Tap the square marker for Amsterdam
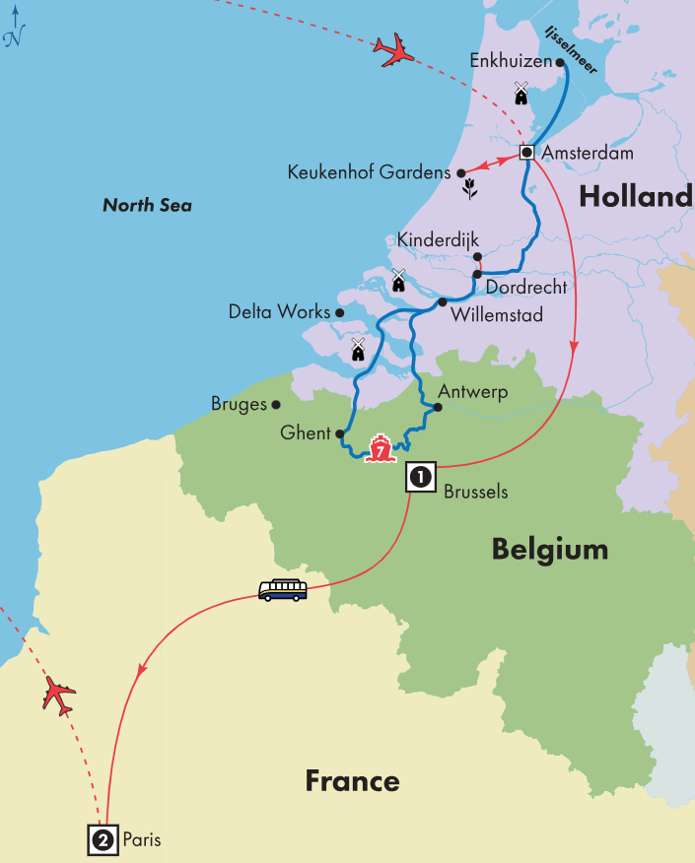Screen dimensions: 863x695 pyautogui.click(x=526, y=153)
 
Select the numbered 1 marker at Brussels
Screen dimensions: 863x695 pyautogui.click(x=420, y=478)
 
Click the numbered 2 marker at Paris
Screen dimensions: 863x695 pyautogui.click(x=103, y=839)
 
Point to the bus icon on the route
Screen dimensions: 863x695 pyautogui.click(x=282, y=590)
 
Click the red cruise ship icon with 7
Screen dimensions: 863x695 pyautogui.click(x=379, y=449)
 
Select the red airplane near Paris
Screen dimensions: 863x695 pyautogui.click(x=59, y=696)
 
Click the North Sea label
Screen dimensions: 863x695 pyautogui.click(x=147, y=206)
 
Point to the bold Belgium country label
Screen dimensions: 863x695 pyautogui.click(x=549, y=550)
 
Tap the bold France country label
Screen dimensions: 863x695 pyautogui.click(x=352, y=782)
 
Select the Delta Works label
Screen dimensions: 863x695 pyautogui.click(x=279, y=312)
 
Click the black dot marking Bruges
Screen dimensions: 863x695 pyautogui.click(x=276, y=404)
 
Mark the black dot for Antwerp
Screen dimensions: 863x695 pyautogui.click(x=435, y=406)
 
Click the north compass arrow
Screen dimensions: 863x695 pyautogui.click(x=13, y=27)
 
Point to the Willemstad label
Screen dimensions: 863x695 pyautogui.click(x=496, y=317)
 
